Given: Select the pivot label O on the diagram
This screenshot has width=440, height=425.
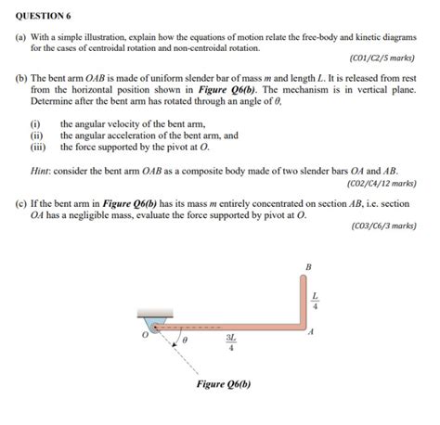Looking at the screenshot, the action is (x=145, y=335).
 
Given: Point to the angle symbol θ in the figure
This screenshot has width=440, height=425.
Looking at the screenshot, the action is (x=186, y=341).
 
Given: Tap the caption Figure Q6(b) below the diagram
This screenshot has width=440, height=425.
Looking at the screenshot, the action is (x=224, y=384).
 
